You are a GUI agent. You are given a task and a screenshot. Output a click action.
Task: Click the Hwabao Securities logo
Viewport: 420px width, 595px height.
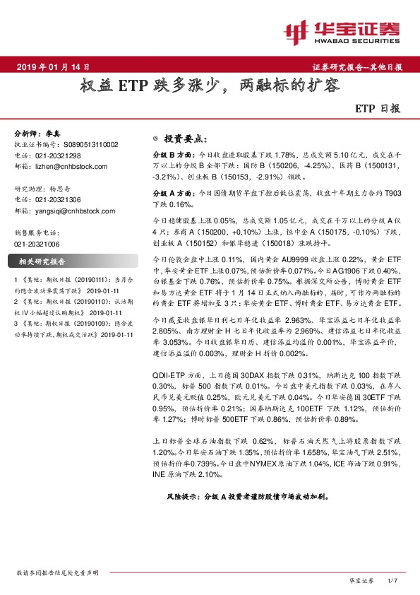[x=342, y=32]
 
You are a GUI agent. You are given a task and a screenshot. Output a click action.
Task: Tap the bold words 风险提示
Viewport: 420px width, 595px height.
[x=181, y=496]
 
